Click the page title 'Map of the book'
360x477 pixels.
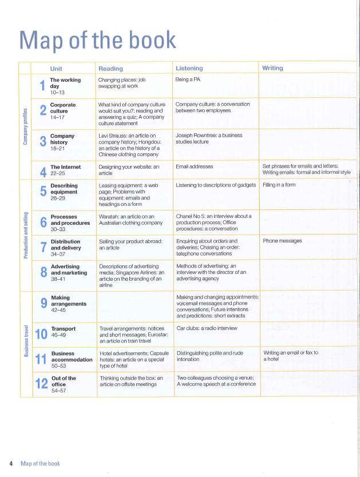point(98,39)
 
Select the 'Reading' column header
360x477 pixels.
point(110,69)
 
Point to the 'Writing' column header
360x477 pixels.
point(272,68)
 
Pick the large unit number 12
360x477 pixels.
point(41,385)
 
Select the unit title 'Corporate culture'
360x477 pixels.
point(63,108)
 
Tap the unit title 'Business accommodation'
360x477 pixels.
point(71,356)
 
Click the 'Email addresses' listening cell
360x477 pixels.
point(195,166)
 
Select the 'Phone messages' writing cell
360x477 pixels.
point(283,241)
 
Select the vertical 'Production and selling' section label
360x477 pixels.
point(25,235)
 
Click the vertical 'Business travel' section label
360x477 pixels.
point(25,341)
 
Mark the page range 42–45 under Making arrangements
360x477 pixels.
point(58,310)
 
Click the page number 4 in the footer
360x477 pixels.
point(11,463)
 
